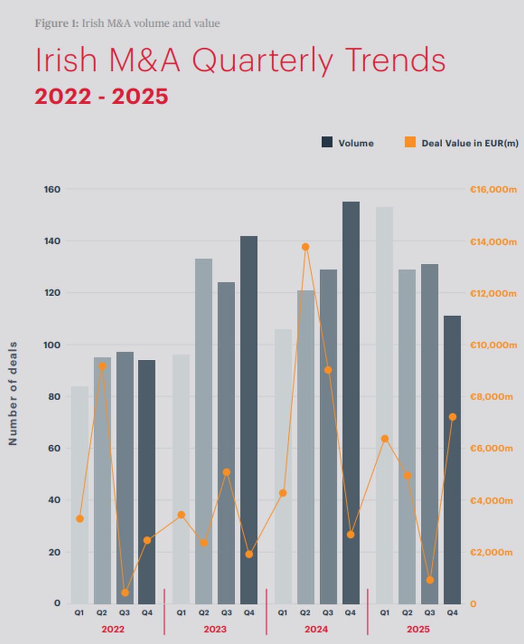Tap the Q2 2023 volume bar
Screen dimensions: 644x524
pyautogui.click(x=203, y=431)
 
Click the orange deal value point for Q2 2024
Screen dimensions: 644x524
pyautogui.click(x=305, y=247)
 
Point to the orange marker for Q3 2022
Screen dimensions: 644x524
pyautogui.click(x=125, y=593)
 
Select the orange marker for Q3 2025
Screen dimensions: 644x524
pyautogui.click(x=430, y=580)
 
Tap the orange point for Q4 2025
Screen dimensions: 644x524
pyautogui.click(x=453, y=417)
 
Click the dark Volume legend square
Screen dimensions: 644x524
pyautogui.click(x=327, y=142)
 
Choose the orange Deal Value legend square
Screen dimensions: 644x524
pyautogui.click(x=410, y=142)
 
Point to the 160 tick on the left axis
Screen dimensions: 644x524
pyautogui.click(x=52, y=189)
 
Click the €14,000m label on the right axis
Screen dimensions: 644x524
pyautogui.click(x=493, y=242)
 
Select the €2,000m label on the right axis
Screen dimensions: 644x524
pyautogui.click(x=491, y=552)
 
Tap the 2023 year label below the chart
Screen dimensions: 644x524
pyautogui.click(x=215, y=629)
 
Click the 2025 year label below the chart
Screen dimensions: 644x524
pyautogui.click(x=418, y=629)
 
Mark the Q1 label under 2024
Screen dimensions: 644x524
pyautogui.click(x=282, y=613)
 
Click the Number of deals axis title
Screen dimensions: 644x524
pyautogui.click(x=13, y=393)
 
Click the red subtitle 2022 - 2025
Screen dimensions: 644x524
pyautogui.click(x=101, y=96)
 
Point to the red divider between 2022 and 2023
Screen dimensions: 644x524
pyautogui.click(x=165, y=611)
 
